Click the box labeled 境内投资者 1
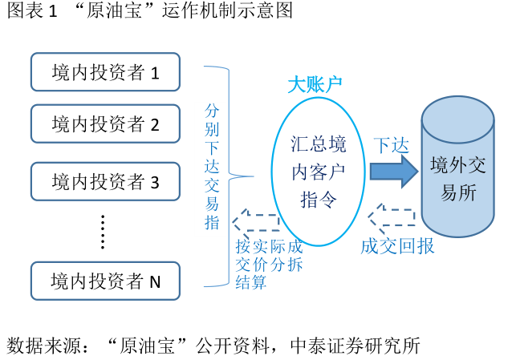[x=105, y=72]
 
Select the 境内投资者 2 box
[x=105, y=123]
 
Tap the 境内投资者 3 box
[x=105, y=182]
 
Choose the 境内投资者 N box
[x=105, y=281]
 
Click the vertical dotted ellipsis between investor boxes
[x=103, y=231]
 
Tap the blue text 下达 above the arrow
[x=392, y=145]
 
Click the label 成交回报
[x=397, y=245]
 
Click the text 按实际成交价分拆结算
[x=269, y=264]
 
